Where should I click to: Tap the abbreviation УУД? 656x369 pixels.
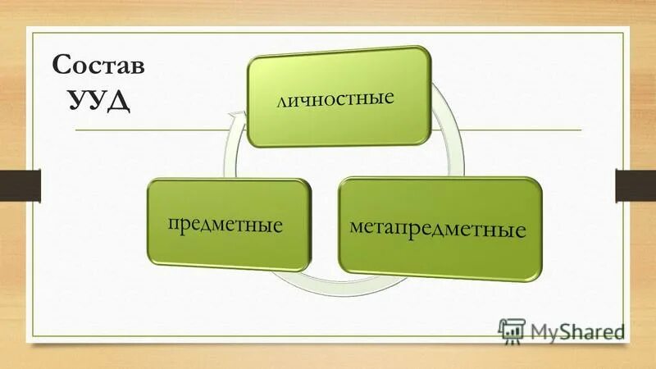point(98,102)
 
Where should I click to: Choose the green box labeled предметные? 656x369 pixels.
point(229,223)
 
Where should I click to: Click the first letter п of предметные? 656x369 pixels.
point(174,223)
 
